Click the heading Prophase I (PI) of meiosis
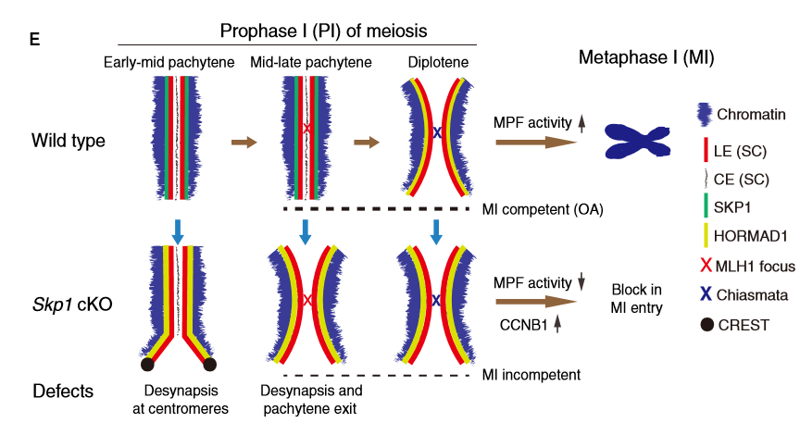point(323,31)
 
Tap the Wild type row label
point(68,142)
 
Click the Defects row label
point(62,391)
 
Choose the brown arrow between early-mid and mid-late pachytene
point(244,143)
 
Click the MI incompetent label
point(531,375)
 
